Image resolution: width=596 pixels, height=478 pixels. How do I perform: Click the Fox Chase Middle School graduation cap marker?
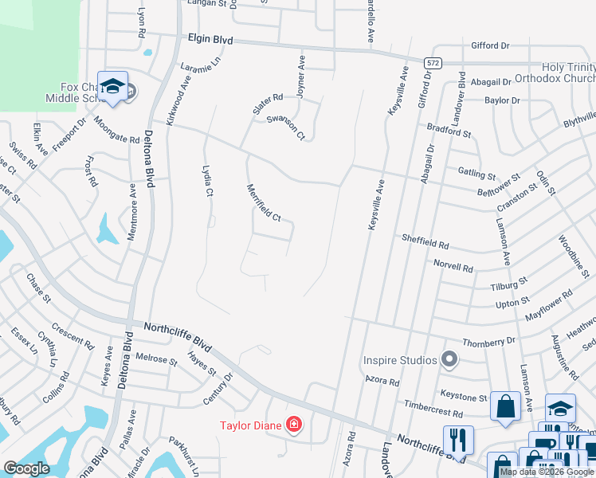tap(112, 86)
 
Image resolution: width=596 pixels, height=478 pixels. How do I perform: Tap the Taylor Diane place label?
tap(251, 425)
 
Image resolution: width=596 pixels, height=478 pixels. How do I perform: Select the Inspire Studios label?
tap(401, 359)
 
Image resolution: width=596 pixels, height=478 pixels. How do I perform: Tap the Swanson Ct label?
tap(285, 127)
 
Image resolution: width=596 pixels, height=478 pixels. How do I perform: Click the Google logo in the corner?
tap(26, 468)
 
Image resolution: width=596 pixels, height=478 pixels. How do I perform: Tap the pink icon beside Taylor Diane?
tap(294, 424)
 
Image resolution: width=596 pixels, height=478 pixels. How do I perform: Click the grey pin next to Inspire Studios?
tap(449, 360)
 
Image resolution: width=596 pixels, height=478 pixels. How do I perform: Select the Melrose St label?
tap(156, 359)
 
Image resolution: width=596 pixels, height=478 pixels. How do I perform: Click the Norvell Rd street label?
tap(453, 265)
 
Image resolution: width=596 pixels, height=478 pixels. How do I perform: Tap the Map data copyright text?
tap(547, 472)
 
